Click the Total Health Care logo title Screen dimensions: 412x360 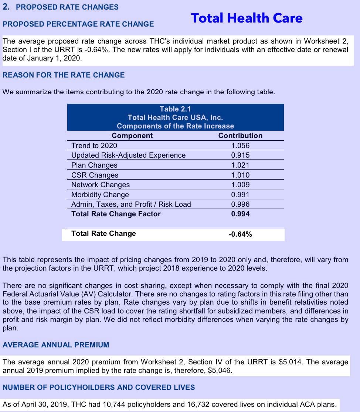click(247, 18)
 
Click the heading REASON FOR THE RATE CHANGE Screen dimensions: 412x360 click(64, 75)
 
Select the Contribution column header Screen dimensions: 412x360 click(240, 135)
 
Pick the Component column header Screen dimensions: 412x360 click(132, 135)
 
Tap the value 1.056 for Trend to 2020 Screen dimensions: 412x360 click(240, 145)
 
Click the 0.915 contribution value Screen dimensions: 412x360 click(240, 155)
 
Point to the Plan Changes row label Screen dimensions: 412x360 click(94, 165)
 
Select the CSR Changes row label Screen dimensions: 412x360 click(95, 175)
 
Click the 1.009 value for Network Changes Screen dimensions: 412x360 click(240, 185)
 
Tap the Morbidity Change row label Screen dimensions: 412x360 click(100, 195)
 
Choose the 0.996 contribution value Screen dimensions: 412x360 click(240, 204)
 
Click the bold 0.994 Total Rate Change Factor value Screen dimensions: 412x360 click(240, 214)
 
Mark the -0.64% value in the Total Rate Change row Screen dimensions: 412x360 click(240, 234)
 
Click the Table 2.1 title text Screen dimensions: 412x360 click(175, 109)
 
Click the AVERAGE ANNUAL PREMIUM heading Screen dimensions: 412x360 click(56, 345)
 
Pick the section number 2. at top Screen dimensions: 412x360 click(6, 7)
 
